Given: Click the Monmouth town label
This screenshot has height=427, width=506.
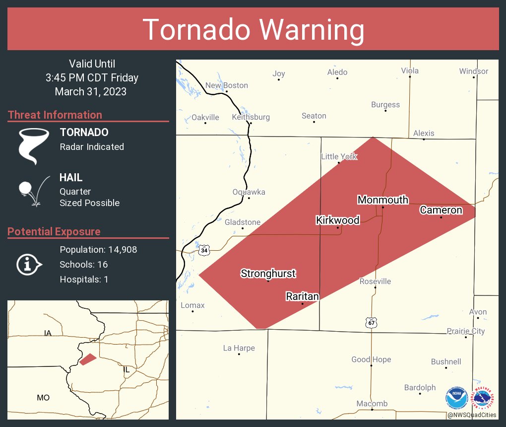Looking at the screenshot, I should pyautogui.click(x=382, y=200).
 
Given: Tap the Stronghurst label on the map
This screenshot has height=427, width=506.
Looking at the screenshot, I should pyautogui.click(x=268, y=273).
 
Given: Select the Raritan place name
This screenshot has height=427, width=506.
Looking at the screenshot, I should pyautogui.click(x=302, y=296).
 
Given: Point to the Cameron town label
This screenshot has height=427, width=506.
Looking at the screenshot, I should pyautogui.click(x=441, y=210).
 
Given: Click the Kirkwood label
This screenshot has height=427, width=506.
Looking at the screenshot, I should pyautogui.click(x=338, y=220).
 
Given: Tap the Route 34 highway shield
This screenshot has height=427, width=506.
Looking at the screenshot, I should pyautogui.click(x=204, y=250).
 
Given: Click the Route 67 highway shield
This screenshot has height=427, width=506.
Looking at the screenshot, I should pyautogui.click(x=371, y=322).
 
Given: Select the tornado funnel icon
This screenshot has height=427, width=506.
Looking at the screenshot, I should pyautogui.click(x=33, y=145).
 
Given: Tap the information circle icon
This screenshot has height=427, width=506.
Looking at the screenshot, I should pyautogui.click(x=29, y=265).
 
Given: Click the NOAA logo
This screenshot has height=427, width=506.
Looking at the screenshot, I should pyautogui.click(x=456, y=398).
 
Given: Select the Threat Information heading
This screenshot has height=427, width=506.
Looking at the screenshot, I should pyautogui.click(x=55, y=115).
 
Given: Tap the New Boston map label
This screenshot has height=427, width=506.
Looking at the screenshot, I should pyautogui.click(x=227, y=85).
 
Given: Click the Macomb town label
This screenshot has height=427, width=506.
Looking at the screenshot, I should pyautogui.click(x=372, y=404).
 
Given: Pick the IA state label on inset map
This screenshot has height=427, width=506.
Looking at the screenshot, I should pyautogui.click(x=48, y=333).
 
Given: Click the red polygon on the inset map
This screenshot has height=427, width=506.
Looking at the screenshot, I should pyautogui.click(x=88, y=359).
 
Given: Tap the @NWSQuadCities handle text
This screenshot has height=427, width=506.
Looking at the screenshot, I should pyautogui.click(x=471, y=415).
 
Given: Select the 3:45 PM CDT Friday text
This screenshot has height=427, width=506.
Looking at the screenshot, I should pyautogui.click(x=92, y=78).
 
